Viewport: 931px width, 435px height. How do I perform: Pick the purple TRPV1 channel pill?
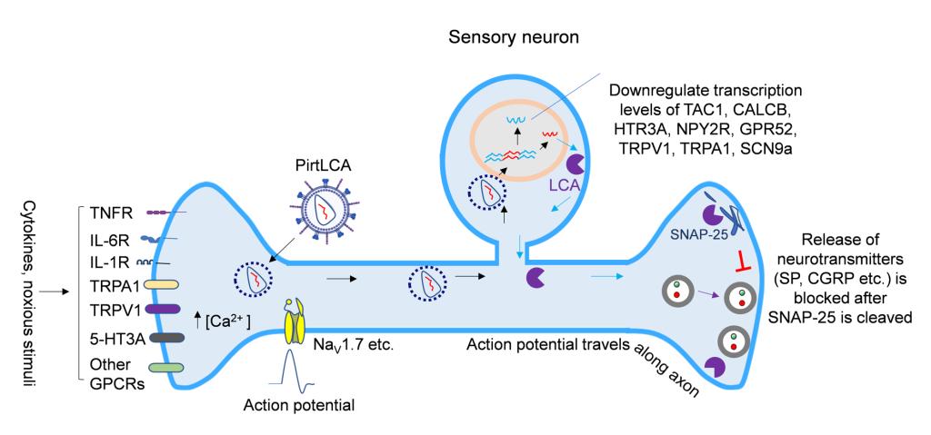tap(164, 310)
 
